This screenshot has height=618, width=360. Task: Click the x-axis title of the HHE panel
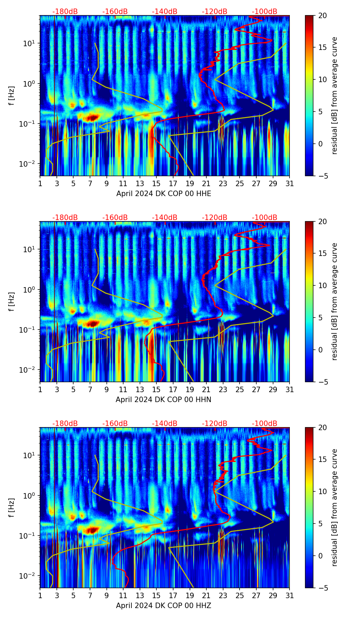(164, 194)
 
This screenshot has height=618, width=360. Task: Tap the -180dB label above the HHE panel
(65, 12)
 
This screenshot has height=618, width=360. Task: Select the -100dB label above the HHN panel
(265, 218)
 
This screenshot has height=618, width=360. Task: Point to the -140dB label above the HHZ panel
(165, 424)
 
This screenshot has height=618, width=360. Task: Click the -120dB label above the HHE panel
(215, 12)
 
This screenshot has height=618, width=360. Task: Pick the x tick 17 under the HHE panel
(173, 184)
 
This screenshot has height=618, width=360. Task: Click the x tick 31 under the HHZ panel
(290, 596)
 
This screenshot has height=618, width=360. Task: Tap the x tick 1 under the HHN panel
(40, 390)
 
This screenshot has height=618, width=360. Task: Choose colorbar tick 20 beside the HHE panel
(322, 16)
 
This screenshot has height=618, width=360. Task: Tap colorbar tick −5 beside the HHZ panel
(322, 588)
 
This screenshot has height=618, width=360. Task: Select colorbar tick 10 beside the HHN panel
(322, 285)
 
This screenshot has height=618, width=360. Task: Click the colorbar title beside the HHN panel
(334, 301)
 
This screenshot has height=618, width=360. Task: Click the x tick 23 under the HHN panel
(223, 390)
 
